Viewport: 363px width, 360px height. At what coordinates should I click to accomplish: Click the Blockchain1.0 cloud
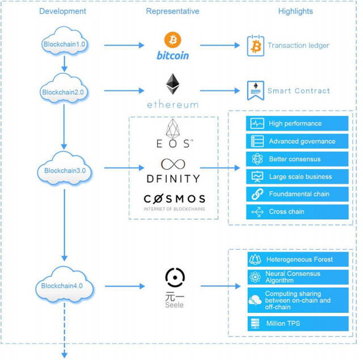[65, 45]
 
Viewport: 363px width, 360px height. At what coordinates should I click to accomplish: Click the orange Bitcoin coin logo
[172, 40]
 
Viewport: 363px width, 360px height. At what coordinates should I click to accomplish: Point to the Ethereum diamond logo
[173, 84]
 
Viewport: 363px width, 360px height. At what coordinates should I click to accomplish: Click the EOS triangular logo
[172, 128]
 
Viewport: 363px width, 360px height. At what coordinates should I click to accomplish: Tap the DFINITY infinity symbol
[172, 164]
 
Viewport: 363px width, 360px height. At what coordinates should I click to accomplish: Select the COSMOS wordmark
[174, 199]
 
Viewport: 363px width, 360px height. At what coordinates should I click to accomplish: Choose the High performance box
[298, 123]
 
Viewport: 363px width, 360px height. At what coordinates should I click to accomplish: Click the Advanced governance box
[298, 141]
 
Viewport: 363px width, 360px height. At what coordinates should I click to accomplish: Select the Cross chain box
[298, 211]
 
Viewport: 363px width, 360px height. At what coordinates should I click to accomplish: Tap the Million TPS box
[298, 324]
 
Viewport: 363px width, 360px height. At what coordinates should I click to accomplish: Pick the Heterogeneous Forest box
[298, 259]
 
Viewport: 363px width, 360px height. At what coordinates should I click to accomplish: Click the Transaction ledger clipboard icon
[255, 45]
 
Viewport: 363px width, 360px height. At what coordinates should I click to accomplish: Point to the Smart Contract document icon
[255, 90]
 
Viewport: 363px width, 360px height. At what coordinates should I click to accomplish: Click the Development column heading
[63, 11]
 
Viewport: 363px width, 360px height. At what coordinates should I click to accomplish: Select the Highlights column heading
[295, 11]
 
